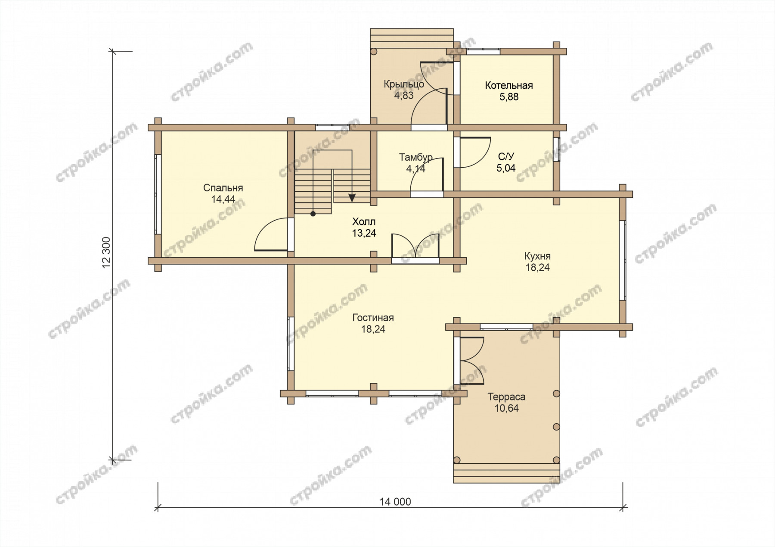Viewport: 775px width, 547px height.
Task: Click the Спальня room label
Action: click(x=223, y=188)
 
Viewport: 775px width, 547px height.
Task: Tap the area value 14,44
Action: click(x=223, y=200)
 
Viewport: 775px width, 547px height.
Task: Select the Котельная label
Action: click(x=509, y=85)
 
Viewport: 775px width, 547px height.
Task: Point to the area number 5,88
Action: click(x=509, y=97)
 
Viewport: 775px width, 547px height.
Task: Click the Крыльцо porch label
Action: click(x=404, y=84)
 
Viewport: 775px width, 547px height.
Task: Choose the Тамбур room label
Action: click(x=415, y=157)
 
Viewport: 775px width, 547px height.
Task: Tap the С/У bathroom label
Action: click(x=506, y=156)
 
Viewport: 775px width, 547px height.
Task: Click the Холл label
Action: click(x=364, y=222)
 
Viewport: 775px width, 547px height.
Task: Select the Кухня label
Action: click(x=537, y=256)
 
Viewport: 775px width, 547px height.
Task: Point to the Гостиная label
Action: click(x=373, y=318)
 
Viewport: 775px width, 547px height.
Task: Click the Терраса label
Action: click(x=506, y=397)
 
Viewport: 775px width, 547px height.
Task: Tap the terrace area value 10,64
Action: click(x=506, y=408)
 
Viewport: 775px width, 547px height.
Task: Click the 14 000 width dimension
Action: click(x=395, y=502)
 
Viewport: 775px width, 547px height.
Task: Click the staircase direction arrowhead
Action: click(x=352, y=198)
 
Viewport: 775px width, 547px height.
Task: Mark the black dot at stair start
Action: click(x=313, y=214)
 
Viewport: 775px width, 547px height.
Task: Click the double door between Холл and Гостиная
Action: click(x=415, y=247)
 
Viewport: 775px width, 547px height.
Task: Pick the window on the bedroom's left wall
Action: click(x=158, y=194)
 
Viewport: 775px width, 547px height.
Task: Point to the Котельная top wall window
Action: click(x=484, y=51)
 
